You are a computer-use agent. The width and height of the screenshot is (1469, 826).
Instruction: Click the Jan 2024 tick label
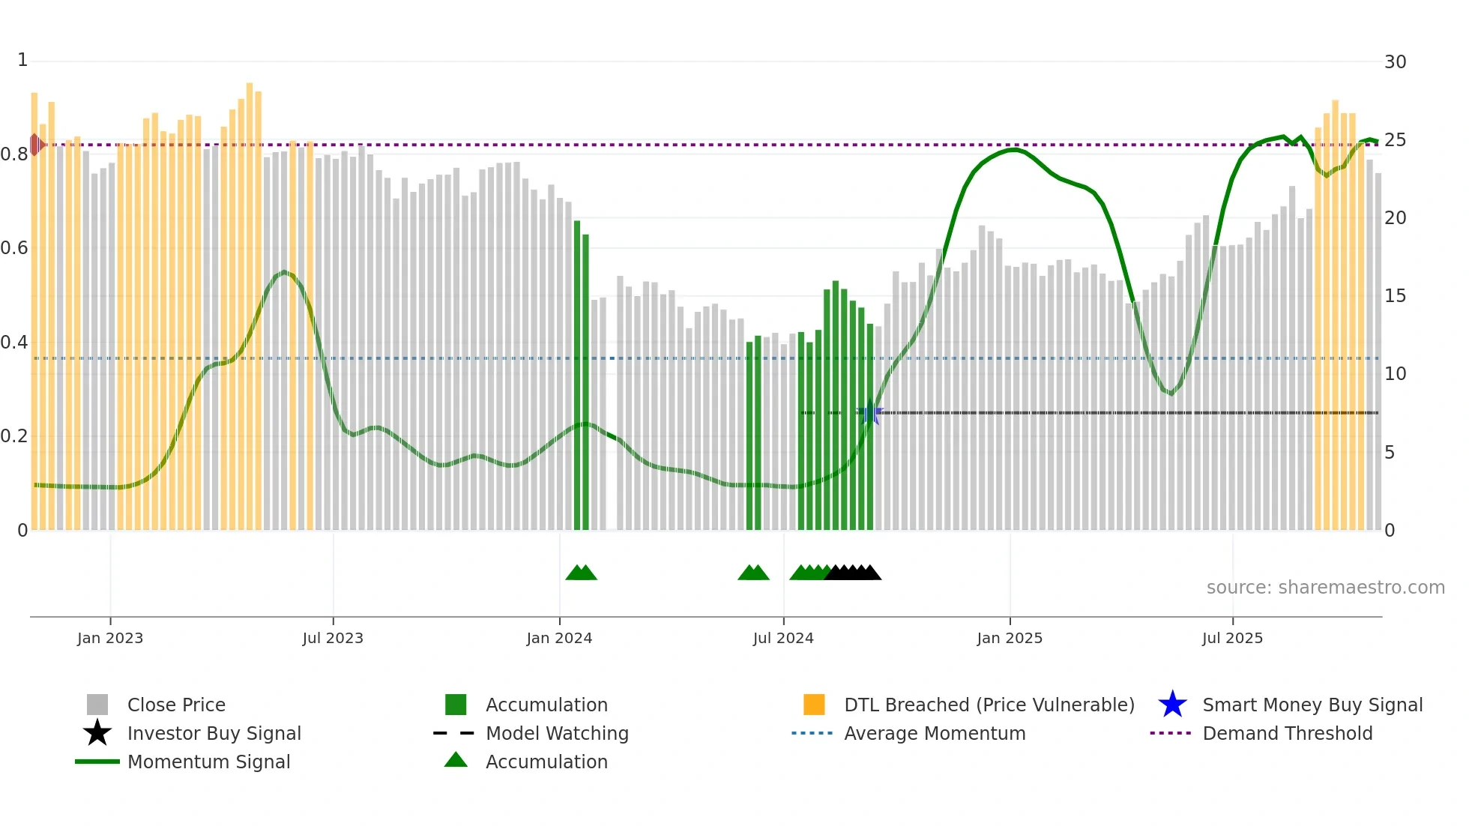559,638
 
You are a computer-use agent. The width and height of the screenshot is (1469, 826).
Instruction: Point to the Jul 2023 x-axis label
333,638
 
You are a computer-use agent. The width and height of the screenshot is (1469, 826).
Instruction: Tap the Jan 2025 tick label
1010,638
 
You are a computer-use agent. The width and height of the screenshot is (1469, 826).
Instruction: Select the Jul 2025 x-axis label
1232,638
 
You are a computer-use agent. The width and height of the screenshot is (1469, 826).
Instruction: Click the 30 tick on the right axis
1395,62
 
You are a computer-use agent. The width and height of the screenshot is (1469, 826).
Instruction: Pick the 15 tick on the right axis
1395,296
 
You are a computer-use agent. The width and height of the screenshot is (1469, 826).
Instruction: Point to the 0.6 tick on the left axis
14,248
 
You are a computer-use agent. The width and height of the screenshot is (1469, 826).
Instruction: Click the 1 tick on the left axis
22,60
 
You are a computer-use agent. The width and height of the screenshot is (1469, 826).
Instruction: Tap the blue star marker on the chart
870,413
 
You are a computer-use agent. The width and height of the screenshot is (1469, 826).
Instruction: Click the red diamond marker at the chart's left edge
35,145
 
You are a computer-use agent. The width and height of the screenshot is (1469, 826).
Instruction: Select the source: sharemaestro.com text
1325,588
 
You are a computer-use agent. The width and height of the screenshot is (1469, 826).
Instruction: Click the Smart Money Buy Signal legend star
1172,705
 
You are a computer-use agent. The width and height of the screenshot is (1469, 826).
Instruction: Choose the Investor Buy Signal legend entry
214,733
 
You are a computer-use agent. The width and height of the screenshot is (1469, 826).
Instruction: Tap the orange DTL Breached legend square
814,705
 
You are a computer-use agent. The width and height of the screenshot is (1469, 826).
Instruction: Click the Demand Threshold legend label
1287,733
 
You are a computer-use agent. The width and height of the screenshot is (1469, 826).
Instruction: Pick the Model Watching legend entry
556,733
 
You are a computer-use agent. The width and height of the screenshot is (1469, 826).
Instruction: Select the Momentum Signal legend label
208,762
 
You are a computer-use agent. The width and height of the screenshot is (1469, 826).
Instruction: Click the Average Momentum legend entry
934,733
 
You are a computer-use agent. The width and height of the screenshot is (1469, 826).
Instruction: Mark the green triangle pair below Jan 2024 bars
581,573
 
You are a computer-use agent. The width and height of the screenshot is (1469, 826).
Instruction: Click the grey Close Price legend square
97,705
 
